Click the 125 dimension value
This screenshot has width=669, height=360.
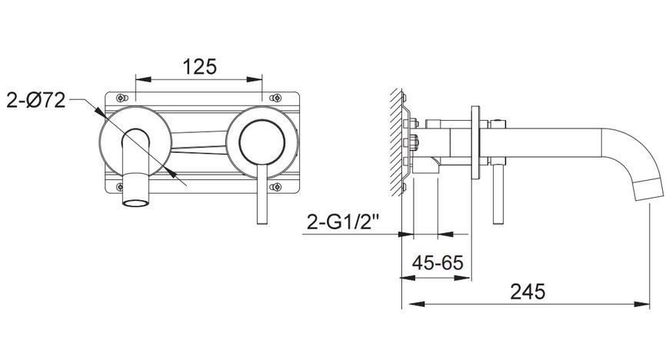click(200, 67)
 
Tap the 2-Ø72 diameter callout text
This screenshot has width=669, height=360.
click(36, 101)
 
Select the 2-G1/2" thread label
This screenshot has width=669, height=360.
click(343, 222)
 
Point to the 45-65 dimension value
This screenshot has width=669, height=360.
click(438, 262)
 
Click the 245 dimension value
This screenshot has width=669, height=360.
click(528, 292)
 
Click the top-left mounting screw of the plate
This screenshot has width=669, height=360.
click(121, 98)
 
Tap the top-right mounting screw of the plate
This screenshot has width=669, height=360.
click(275, 98)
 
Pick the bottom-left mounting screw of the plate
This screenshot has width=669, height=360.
click(120, 187)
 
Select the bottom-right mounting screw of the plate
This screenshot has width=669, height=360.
click(275, 187)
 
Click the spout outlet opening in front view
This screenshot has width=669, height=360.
click(135, 202)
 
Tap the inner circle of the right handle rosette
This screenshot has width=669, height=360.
click(262, 142)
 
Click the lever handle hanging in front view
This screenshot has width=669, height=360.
click(262, 194)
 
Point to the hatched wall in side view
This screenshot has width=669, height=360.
click(396, 142)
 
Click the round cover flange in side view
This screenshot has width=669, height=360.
click(475, 142)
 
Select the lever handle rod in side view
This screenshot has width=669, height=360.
click(497, 194)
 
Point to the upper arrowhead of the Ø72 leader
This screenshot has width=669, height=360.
click(100, 112)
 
